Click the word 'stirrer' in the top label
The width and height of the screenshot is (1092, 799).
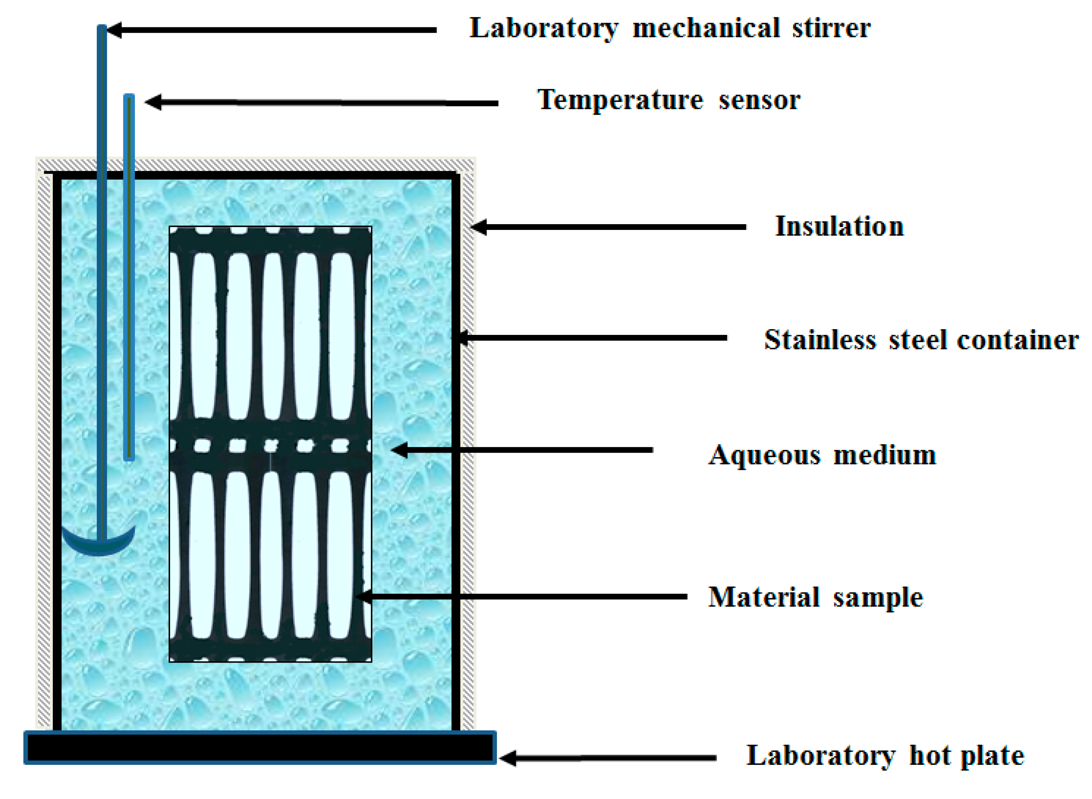click(831, 28)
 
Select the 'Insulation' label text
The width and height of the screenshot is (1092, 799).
click(839, 226)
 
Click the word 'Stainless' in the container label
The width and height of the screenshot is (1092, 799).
click(820, 340)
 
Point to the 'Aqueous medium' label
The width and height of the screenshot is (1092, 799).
click(822, 455)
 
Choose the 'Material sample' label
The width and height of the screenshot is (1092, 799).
click(815, 597)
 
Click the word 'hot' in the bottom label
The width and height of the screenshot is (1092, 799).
click(932, 755)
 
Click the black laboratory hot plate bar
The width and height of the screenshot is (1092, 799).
click(260, 748)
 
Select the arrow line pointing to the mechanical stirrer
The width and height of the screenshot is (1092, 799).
click(271, 30)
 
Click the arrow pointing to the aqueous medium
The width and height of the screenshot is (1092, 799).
click(522, 450)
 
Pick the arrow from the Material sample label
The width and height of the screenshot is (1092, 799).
click(522, 597)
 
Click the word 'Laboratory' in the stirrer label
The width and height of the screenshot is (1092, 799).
click(543, 28)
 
